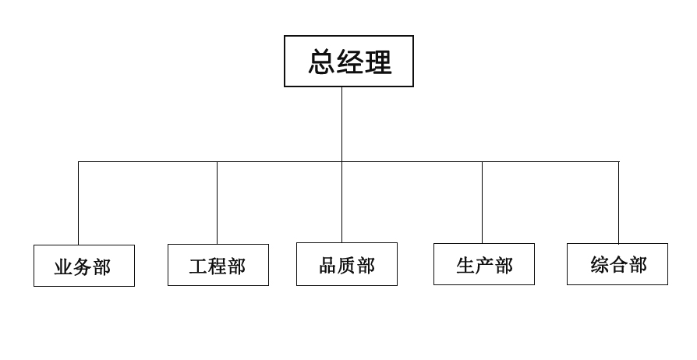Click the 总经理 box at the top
[348, 61]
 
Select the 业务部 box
[84, 266]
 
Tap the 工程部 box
[218, 265]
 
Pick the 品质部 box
[347, 264]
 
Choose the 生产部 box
[484, 264]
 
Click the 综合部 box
[617, 264]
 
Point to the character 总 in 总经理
[321, 62]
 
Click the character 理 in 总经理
[378, 62]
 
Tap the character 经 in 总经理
[350, 62]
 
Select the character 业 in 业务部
[64, 267]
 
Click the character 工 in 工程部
[199, 266]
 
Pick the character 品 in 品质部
[328, 265]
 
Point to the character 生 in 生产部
[465, 265]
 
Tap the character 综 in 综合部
[600, 265]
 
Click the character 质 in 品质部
[347, 265]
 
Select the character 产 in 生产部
[484, 265]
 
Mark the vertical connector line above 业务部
[78, 203]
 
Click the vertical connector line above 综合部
[619, 203]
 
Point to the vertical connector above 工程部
[217, 203]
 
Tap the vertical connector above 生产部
[482, 203]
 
